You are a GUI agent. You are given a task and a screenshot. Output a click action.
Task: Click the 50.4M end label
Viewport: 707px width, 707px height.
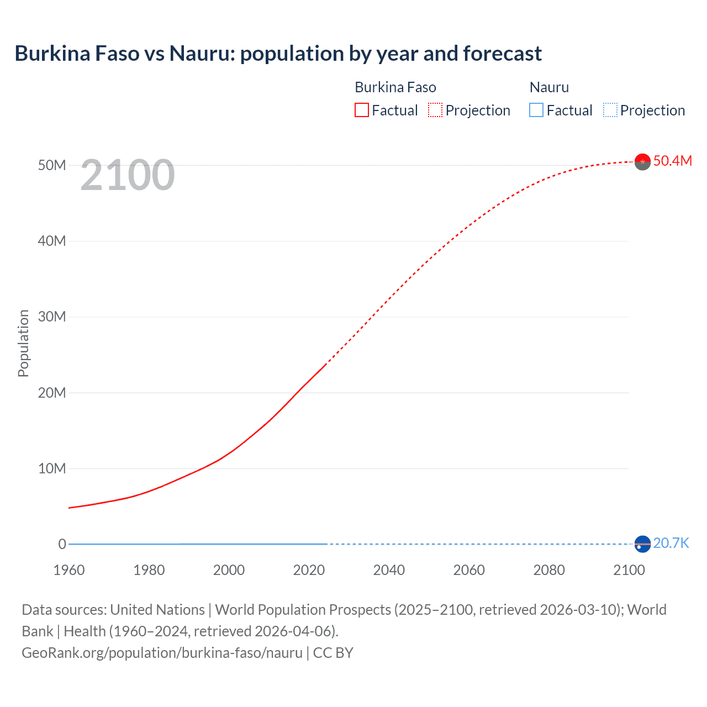click(x=672, y=161)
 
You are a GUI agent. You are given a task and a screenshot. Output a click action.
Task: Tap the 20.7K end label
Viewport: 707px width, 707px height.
click(x=671, y=544)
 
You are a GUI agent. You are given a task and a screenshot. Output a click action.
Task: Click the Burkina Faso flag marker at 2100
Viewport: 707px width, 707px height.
click(x=642, y=161)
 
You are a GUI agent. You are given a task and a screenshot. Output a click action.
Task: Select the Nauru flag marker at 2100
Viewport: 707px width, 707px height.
click(x=642, y=544)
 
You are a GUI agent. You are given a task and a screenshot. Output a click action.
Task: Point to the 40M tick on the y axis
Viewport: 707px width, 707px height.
click(x=52, y=241)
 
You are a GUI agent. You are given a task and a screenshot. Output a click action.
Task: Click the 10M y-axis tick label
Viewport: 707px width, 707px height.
click(x=52, y=469)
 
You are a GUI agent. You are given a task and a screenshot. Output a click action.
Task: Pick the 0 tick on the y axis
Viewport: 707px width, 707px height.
click(x=62, y=545)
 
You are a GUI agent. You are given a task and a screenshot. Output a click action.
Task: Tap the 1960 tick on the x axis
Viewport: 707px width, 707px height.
click(x=69, y=570)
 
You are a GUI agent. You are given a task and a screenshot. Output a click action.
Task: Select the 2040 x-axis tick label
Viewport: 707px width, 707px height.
click(x=389, y=570)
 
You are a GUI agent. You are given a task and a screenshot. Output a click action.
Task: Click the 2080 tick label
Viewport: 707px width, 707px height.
click(x=549, y=570)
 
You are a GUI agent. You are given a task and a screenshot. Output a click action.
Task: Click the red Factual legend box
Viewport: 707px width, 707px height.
click(x=362, y=110)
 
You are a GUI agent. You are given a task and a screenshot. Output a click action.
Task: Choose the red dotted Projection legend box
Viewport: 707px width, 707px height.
click(x=435, y=110)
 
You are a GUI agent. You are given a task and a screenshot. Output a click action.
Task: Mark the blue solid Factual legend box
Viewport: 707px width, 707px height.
click(x=536, y=110)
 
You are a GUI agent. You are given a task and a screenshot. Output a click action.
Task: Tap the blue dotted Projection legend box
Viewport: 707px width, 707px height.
click(x=610, y=110)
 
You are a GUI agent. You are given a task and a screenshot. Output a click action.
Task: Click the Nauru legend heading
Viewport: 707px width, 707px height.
click(x=549, y=87)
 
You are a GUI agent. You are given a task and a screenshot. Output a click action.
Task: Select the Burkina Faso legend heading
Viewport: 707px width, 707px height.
click(x=395, y=87)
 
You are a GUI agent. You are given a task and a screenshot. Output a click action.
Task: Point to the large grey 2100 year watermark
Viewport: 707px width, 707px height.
click(x=128, y=176)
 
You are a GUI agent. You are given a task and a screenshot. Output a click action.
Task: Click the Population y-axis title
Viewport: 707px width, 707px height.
click(x=23, y=343)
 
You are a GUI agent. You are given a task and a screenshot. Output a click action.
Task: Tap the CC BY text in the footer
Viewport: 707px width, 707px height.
click(x=333, y=653)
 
